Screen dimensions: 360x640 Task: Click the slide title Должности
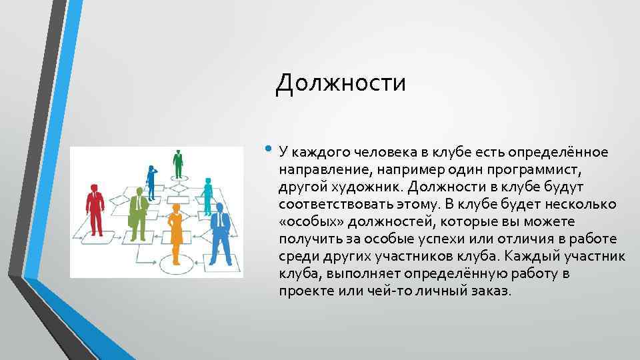[x=341, y=83]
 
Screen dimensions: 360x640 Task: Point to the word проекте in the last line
[x=303, y=291]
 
